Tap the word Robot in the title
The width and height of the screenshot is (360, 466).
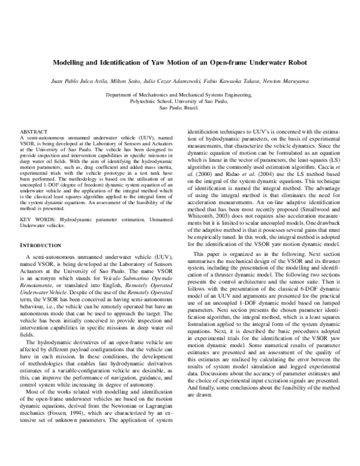tap(292, 62)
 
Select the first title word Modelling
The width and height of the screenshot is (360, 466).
tap(71, 62)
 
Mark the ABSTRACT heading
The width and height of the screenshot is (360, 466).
tap(34, 131)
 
